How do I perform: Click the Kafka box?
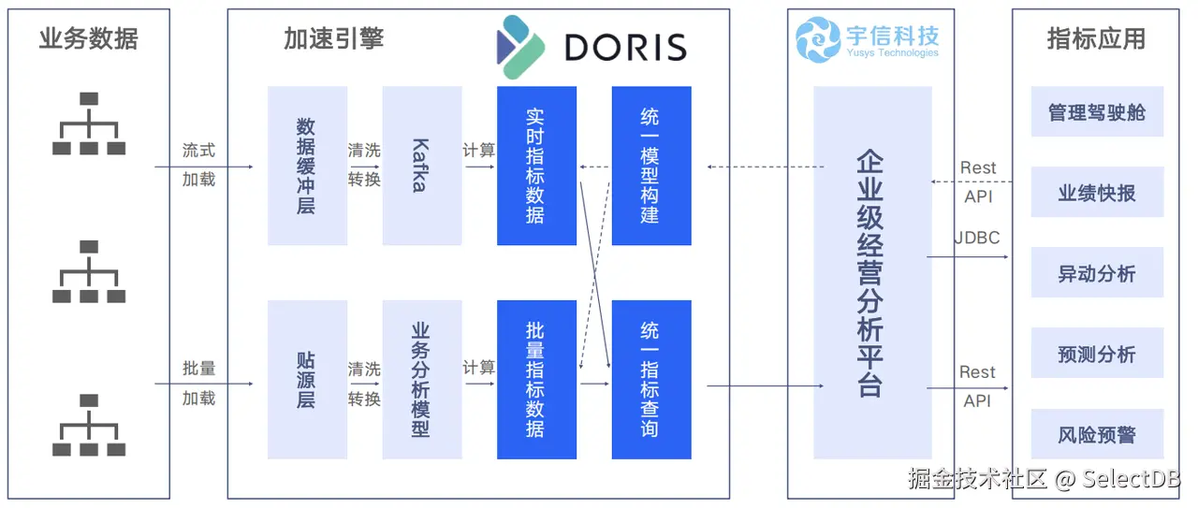pos(421,166)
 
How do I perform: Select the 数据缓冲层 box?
pos(307,166)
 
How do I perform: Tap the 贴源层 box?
pos(307,379)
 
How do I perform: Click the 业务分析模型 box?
pos(421,379)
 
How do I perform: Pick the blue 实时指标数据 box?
pos(536,166)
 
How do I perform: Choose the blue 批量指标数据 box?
pos(536,379)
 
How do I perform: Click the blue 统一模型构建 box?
pos(651,166)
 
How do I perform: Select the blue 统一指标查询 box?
pos(651,379)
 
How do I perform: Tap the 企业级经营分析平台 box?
pos(871,272)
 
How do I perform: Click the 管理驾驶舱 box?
pos(1097,112)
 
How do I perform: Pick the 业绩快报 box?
pos(1097,193)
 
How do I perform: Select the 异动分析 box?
pos(1097,273)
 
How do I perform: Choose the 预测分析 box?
pos(1097,354)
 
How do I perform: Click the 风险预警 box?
pos(1097,434)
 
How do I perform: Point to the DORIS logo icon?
pos(520,46)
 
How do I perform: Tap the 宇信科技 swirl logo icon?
pos(818,40)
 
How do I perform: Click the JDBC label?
pos(977,238)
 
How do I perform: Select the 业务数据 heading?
pos(89,38)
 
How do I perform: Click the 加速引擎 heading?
pos(334,38)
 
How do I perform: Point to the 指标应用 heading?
pos(1096,38)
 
